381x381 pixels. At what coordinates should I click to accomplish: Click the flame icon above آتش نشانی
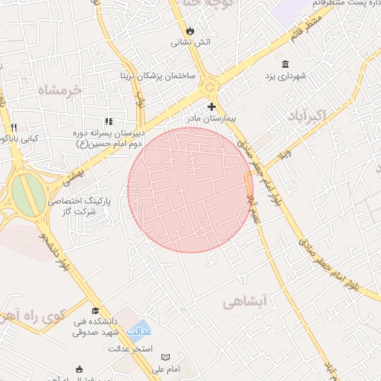[x=191, y=31]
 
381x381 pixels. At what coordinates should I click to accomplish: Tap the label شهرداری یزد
[x=286, y=76]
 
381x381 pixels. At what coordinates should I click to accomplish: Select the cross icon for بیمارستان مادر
[x=211, y=106]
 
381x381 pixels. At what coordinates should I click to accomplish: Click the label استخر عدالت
[x=130, y=348]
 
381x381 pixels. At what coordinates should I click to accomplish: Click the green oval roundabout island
[x=28, y=193]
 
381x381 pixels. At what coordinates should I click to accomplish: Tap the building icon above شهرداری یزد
[x=286, y=64]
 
